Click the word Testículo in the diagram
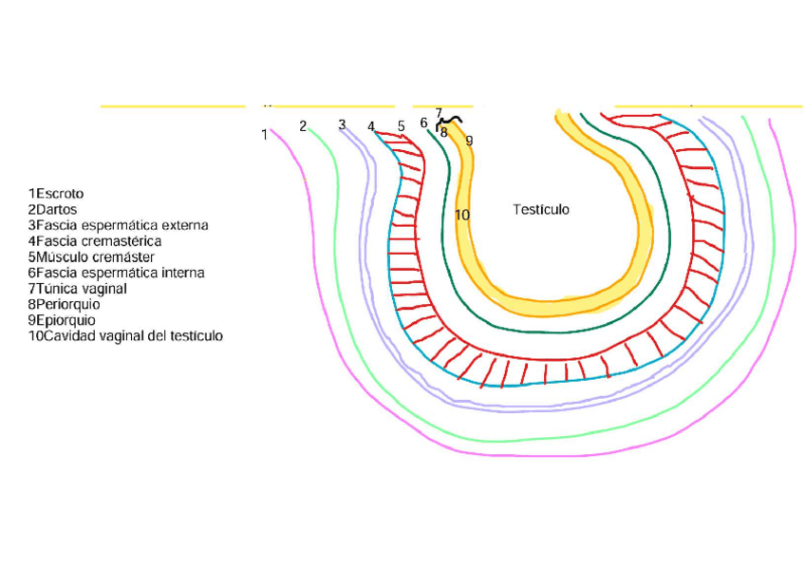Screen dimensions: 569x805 pos(541,209)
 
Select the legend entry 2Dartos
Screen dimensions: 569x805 pos(52,210)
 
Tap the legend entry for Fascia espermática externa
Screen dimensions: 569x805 pos(118,226)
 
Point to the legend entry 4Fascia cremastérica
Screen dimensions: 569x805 pos(94,241)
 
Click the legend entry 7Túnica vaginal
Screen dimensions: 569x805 pos(77,289)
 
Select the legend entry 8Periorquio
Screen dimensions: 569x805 pos(64,305)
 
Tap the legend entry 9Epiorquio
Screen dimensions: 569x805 pos(62,320)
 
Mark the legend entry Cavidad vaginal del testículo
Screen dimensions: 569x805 pos(125,336)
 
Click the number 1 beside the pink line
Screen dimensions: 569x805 pos(265,135)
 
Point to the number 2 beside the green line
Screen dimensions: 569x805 pos(303,126)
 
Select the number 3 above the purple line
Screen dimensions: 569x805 pos(342,124)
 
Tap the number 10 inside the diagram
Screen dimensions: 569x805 pos(462,215)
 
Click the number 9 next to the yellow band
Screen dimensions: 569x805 pos(469,141)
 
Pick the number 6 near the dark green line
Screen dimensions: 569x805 pos(424,123)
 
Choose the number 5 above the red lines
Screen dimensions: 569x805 pos(402,125)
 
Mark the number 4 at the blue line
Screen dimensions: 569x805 pos(371,126)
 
